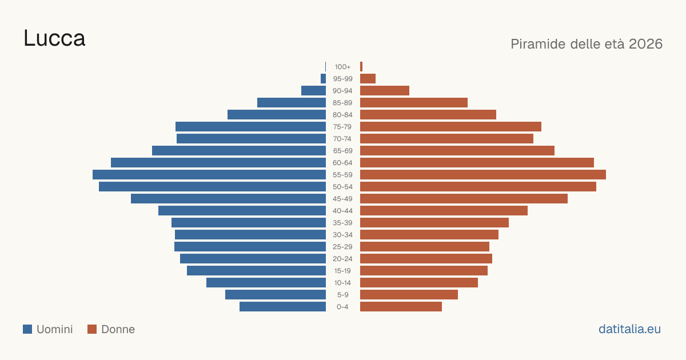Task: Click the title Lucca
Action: (x=54, y=38)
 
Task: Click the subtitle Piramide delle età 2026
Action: (x=587, y=44)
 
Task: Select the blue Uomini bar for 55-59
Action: (x=209, y=174)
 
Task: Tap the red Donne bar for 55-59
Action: (x=483, y=174)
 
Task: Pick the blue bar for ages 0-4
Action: (x=282, y=306)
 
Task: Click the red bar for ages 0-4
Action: (x=401, y=306)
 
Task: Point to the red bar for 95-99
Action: (x=368, y=79)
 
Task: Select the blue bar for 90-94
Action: (x=314, y=91)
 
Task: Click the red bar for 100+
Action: (x=361, y=66)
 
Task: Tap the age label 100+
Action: (x=342, y=67)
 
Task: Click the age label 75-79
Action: (x=342, y=127)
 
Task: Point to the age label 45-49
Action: (x=342, y=199)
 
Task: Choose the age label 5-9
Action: (x=342, y=295)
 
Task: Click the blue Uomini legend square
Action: (x=27, y=329)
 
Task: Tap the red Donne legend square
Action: (x=92, y=329)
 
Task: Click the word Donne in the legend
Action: (x=118, y=329)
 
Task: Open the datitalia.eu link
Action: (x=629, y=329)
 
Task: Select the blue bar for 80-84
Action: (x=277, y=114)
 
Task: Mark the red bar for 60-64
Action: (x=477, y=162)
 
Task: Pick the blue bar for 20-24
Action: (x=253, y=259)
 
